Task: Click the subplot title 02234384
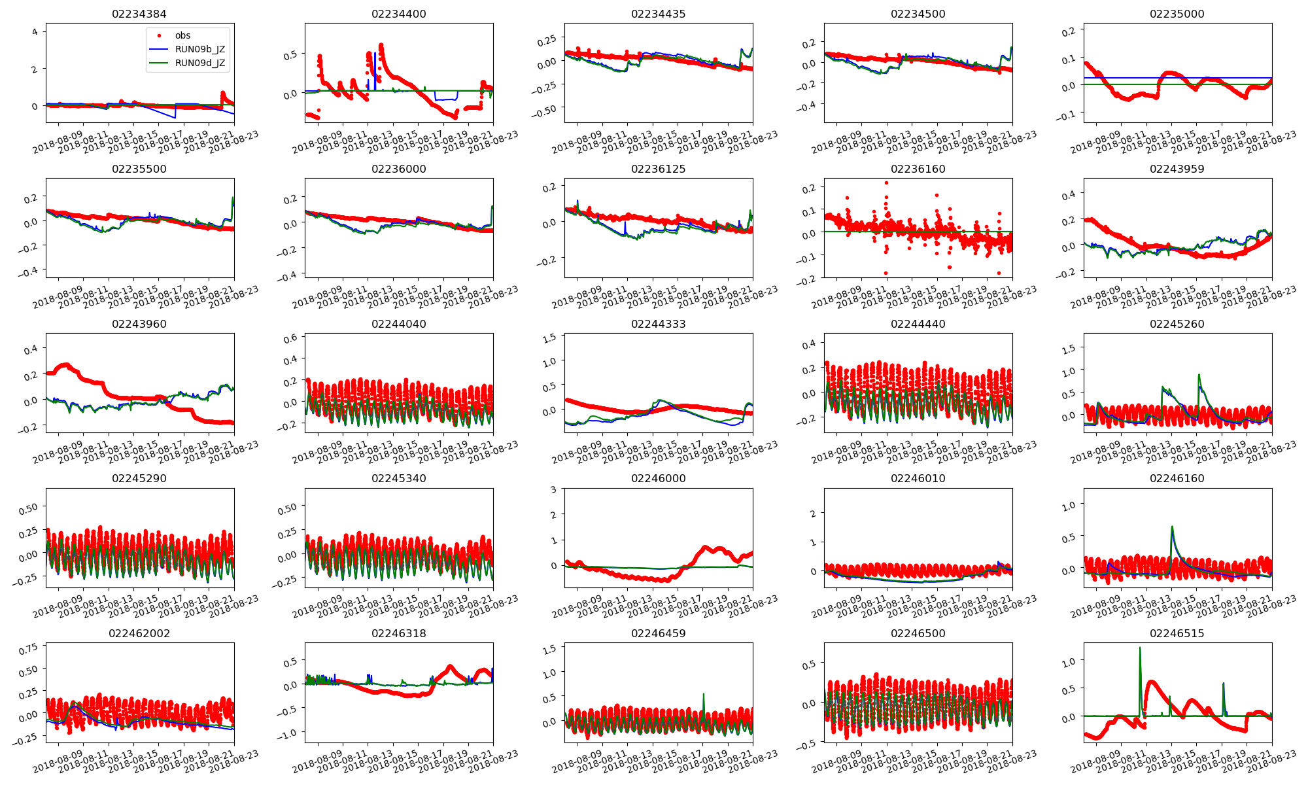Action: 139,14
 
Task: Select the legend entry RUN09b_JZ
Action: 199,49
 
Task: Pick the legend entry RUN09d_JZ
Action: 199,63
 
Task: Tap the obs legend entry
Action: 182,35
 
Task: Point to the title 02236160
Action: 918,169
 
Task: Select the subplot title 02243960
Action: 139,324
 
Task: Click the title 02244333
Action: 658,324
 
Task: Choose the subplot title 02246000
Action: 658,478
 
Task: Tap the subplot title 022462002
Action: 139,633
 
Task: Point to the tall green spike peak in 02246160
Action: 1172,527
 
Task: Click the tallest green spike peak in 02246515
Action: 1140,648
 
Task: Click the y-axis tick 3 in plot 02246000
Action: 553,489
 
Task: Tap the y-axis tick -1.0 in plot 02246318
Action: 285,733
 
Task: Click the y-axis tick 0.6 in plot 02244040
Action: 290,338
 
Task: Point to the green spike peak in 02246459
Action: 704,694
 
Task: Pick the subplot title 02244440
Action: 918,324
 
